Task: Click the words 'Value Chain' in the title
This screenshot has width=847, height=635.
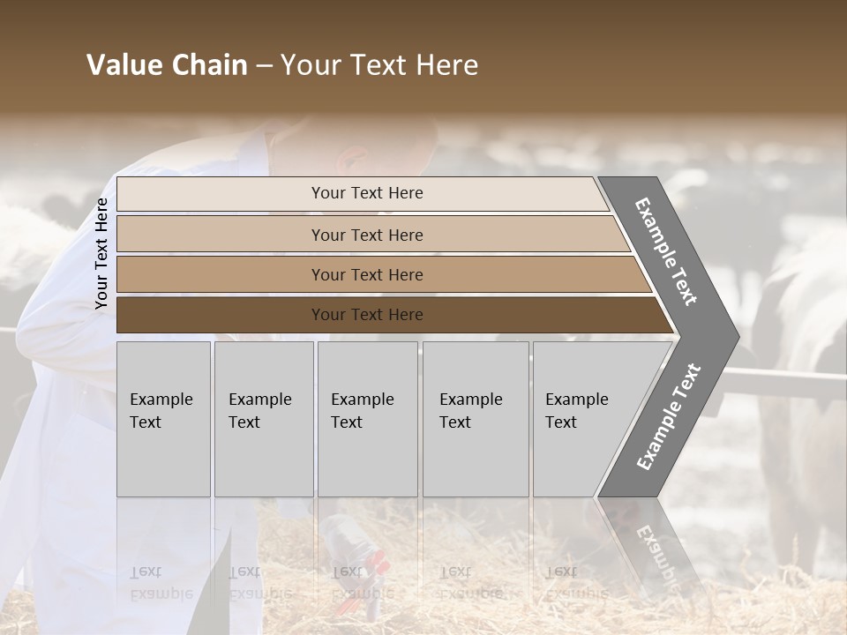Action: coord(167,65)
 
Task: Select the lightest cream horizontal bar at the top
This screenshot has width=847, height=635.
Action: coord(221,194)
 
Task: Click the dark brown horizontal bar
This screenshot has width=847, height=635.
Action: coord(221,315)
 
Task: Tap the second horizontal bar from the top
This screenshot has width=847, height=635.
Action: coord(221,235)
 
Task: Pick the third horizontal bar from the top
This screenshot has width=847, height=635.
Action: coord(221,275)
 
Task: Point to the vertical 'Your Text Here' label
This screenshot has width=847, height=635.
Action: coord(101,253)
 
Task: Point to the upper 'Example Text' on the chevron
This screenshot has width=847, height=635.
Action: coord(666,251)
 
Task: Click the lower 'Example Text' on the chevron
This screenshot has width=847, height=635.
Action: coord(668,417)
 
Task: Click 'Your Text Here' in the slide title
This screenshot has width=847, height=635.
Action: coord(379,65)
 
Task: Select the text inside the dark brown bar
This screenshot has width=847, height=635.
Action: coord(367,315)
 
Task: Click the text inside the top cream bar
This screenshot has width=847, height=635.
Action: coord(367,193)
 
